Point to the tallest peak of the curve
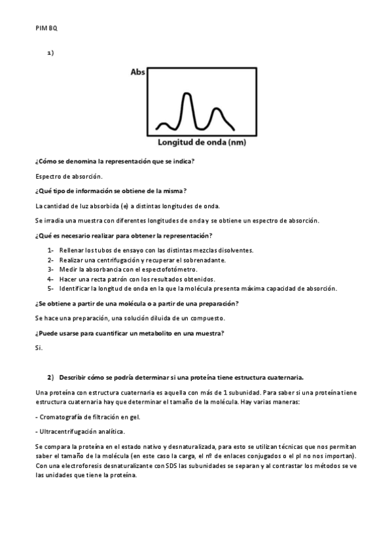[187, 96]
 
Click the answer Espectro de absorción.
[69, 176]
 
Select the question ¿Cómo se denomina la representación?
[115, 162]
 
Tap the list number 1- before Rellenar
[50, 250]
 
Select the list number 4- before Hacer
[50, 279]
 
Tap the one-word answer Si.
[38, 348]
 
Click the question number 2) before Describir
[50, 377]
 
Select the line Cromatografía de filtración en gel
[88, 416]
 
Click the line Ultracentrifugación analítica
[79, 431]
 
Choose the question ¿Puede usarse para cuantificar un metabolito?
[129, 333]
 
